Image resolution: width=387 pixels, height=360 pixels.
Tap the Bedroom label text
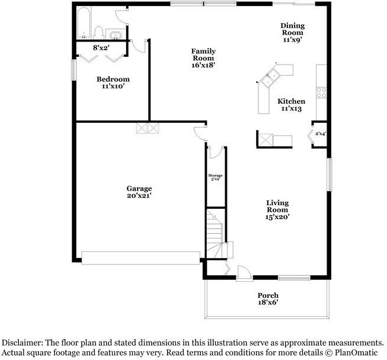point(113,82)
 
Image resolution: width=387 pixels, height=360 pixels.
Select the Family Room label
point(203,58)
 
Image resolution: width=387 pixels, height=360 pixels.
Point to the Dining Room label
point(292,33)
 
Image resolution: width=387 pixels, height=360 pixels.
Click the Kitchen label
point(292,105)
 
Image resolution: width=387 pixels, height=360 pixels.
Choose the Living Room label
point(277,209)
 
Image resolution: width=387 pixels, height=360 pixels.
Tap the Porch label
point(268,298)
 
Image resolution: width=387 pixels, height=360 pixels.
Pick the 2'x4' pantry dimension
point(321,134)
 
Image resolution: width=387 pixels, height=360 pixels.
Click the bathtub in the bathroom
point(84,23)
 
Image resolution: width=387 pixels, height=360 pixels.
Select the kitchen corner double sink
point(273,75)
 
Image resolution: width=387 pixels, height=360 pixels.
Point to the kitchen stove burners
point(321,92)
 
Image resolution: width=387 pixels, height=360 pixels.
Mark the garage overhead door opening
point(141,257)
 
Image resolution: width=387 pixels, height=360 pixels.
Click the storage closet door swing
point(216,152)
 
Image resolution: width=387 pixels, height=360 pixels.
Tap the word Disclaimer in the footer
point(23,343)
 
